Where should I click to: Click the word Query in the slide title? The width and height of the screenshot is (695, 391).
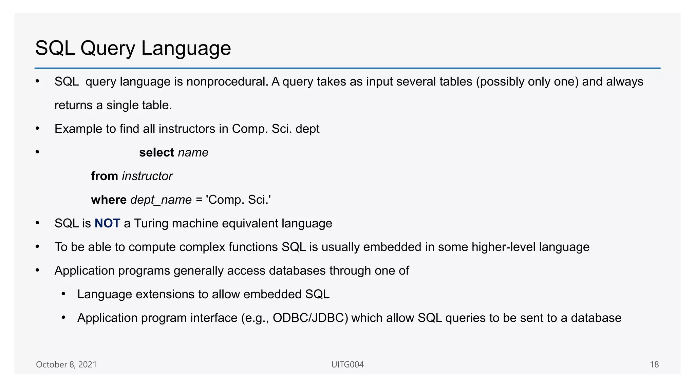[x=108, y=48]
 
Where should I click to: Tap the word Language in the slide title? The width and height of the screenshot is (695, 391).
[x=186, y=48]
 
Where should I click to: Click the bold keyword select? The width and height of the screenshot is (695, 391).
[x=156, y=153]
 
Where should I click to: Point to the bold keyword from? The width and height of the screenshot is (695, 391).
[x=104, y=176]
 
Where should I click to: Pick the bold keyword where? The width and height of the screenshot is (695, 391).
[x=109, y=200]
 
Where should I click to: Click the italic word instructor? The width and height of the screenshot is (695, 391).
[x=147, y=176]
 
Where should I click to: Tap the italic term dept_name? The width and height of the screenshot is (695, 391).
[x=161, y=200]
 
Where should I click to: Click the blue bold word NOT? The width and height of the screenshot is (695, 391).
[x=107, y=223]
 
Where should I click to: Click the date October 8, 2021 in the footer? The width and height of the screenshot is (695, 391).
[x=66, y=365]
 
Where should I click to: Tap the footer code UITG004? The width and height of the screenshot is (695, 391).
[x=347, y=365]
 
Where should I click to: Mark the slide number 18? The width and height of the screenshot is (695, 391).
[x=654, y=365]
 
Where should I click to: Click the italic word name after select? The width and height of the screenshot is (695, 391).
[x=193, y=153]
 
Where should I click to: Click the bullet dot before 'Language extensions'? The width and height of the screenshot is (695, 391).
[x=63, y=294]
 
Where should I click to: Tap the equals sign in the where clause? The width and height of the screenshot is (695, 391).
[x=199, y=200]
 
